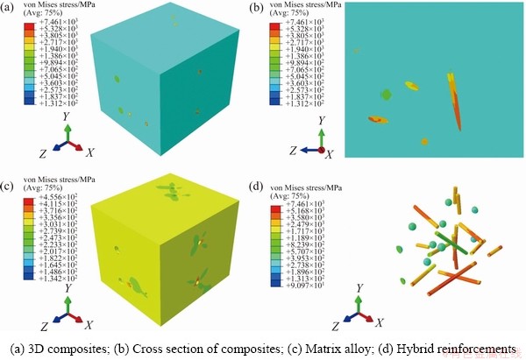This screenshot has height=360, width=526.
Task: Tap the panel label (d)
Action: (x=257, y=186)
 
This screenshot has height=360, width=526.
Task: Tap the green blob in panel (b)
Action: (x=385, y=94)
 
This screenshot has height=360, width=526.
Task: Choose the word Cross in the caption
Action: (x=159, y=347)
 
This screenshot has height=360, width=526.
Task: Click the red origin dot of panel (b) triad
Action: (x=322, y=150)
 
